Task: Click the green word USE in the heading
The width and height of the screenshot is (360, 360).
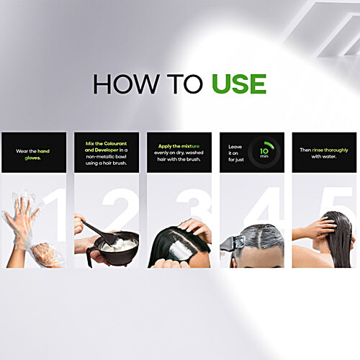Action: pos(239,84)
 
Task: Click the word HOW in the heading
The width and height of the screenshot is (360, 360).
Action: pos(126,84)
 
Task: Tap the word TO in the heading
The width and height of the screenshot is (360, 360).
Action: pos(185,84)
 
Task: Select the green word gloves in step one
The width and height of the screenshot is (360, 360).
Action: pos(32,158)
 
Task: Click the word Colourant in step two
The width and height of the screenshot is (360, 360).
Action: pos(114,143)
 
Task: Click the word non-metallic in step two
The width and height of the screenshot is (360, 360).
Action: pos(100,156)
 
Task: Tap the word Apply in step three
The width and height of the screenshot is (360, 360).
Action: pos(165,146)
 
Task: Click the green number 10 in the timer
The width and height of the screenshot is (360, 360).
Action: pos(264,150)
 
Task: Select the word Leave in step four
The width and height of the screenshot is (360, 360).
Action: pos(235,147)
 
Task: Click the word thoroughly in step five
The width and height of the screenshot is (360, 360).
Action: pos(336,150)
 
